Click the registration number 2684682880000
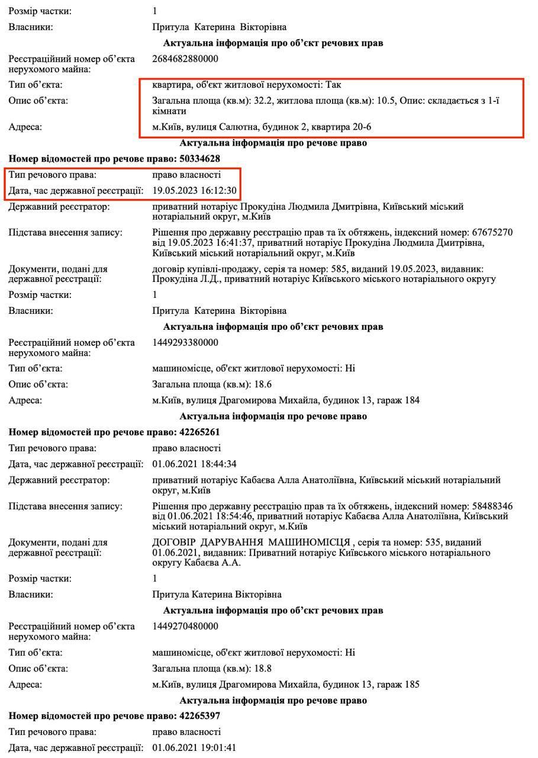point(185,59)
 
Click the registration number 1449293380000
point(185,342)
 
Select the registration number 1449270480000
point(185,626)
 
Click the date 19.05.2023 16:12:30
point(195,191)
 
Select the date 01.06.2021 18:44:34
point(195,463)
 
